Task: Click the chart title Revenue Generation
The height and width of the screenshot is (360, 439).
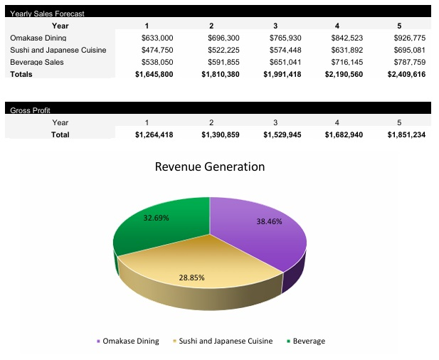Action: [x=210, y=167]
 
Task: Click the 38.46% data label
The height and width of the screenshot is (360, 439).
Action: [x=269, y=221]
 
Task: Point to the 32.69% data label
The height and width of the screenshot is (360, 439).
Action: [x=157, y=218]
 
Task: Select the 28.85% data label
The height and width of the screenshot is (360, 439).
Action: [x=191, y=277]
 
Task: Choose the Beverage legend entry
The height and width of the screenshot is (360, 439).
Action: [x=308, y=342]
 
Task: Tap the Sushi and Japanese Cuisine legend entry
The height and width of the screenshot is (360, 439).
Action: [x=225, y=342]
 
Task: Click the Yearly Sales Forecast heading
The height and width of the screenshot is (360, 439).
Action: [x=47, y=14]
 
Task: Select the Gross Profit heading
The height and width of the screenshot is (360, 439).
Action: [x=30, y=110]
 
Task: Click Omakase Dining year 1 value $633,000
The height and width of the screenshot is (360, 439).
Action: [x=157, y=38]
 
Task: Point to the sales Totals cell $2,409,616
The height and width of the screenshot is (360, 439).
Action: [x=406, y=74]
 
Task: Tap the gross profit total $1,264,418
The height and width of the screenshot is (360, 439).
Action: [x=154, y=134]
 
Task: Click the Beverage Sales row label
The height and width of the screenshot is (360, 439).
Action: [x=37, y=62]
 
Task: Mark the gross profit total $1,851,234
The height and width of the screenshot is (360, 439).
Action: [x=406, y=134]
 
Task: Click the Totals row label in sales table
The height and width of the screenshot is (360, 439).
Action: [x=21, y=74]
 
